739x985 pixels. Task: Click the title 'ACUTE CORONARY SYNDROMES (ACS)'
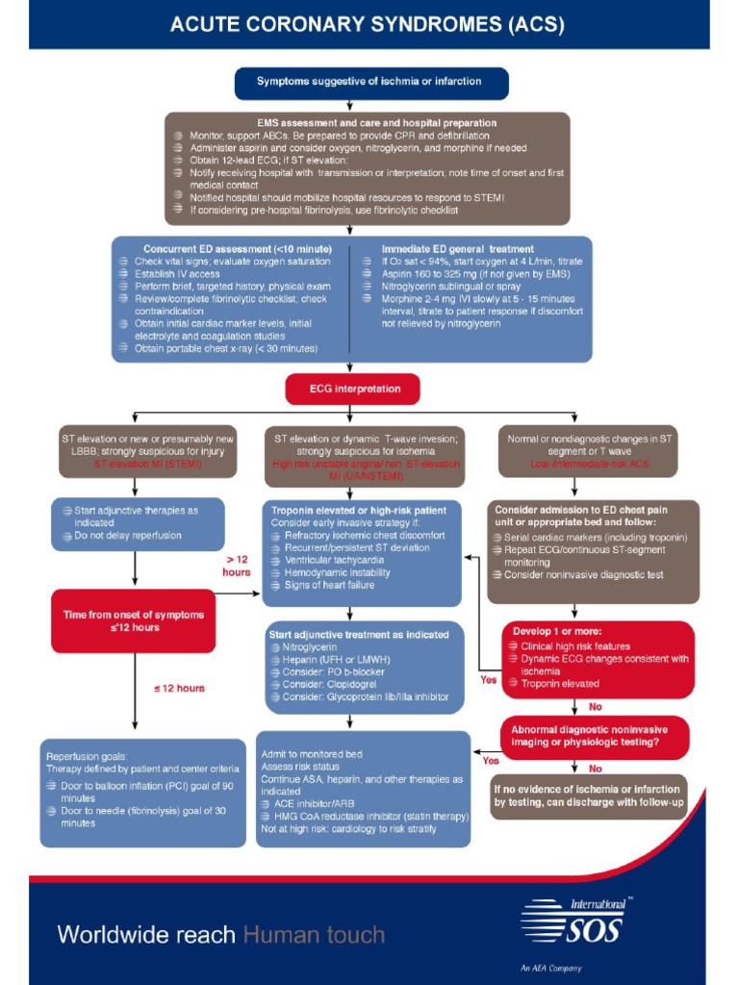[368, 24]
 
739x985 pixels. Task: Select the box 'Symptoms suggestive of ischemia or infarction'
[369, 82]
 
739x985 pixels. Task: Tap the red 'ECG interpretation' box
[352, 389]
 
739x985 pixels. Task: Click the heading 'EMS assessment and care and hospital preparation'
[376, 123]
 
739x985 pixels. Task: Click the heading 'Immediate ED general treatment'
[458, 248]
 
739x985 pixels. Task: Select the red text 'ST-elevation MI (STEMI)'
[141, 464]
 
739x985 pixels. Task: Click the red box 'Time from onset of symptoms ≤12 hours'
[134, 620]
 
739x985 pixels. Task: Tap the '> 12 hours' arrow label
[238, 565]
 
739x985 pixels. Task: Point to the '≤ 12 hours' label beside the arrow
[179, 688]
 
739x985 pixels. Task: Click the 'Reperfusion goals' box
[143, 791]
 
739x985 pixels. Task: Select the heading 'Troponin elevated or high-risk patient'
[358, 510]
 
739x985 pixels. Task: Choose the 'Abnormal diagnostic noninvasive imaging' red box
[594, 736]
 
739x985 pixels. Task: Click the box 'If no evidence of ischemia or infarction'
[589, 796]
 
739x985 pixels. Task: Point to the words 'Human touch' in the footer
[314, 934]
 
